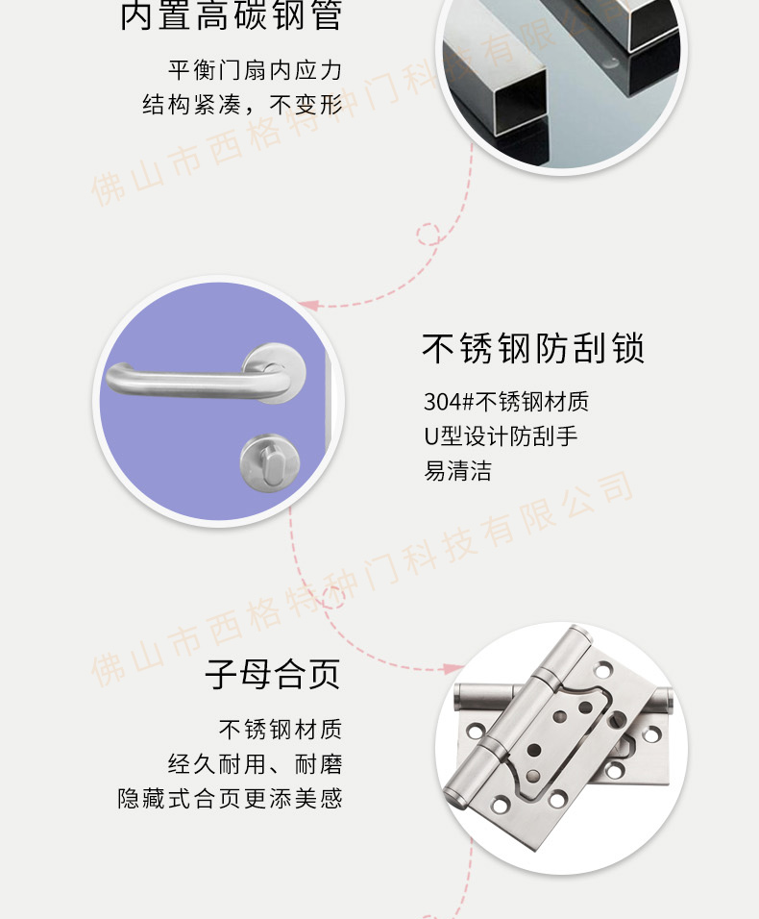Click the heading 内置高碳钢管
coord(231,14)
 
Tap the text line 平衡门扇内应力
coord(255,70)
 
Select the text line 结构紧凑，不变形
coord(242,105)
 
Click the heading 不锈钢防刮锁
coord(533,348)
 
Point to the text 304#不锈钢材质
coord(506,402)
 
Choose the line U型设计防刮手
coord(501,436)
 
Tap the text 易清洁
coord(458,471)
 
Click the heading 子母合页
coord(273,674)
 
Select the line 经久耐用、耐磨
coord(255,764)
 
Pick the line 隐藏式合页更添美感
coord(230,798)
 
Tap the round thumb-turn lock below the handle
coord(270,463)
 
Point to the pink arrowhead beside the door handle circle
coord(308,305)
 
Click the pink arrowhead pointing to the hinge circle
coord(453,669)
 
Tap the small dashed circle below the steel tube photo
coord(428,234)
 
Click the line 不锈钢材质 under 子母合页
coord(280,730)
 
